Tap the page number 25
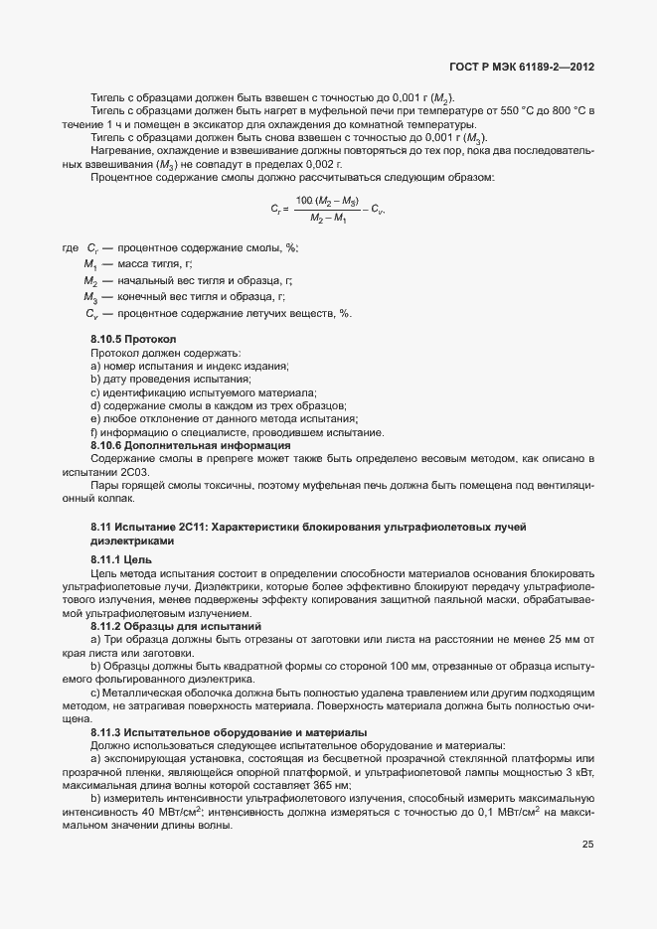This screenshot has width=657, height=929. pos(587,845)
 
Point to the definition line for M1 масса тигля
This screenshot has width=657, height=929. pos(139,263)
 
